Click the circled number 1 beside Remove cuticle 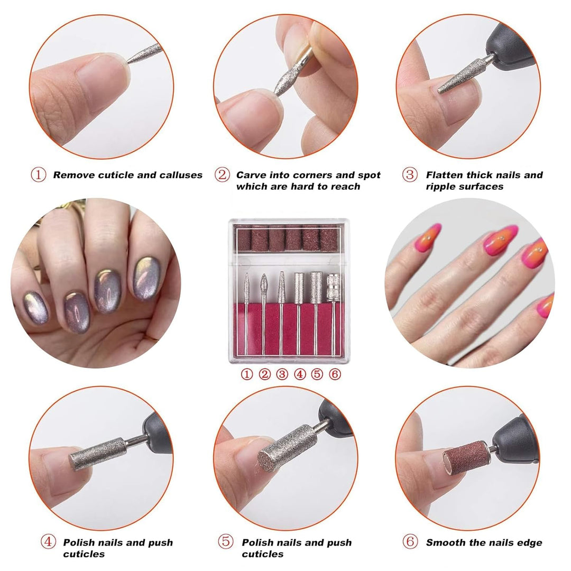[38, 175]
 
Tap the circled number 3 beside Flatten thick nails [410, 175]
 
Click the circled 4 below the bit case [300, 374]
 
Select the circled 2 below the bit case [264, 374]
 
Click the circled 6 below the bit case [334, 374]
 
